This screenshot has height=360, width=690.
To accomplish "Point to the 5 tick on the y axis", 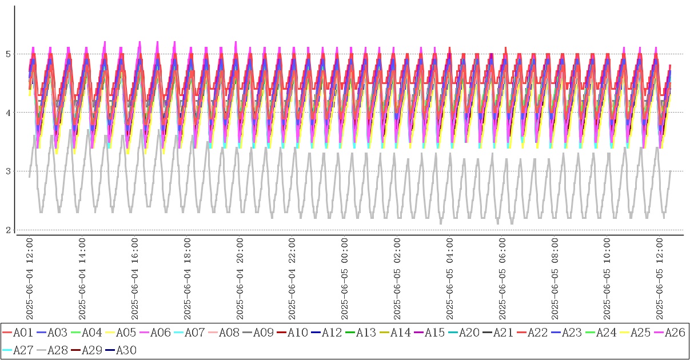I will click(x=8, y=54).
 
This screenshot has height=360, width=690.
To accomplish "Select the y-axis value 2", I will click(x=8, y=230).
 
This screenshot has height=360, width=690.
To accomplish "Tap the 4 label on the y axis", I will click(x=8, y=113).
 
